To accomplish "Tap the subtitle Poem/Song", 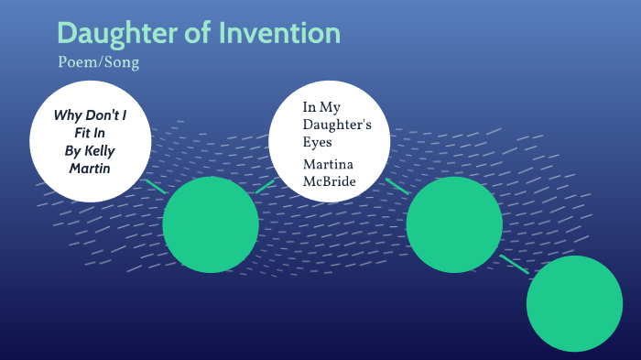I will [98, 63].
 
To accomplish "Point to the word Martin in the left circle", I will [89, 169].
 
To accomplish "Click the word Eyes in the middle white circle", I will [316, 143].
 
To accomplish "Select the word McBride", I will [330, 180].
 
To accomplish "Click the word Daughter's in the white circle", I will [336, 125].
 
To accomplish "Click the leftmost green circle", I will [211, 224].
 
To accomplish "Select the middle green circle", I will [454, 224].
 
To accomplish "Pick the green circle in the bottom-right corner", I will [575, 303].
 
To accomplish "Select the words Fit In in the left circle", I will [89, 134].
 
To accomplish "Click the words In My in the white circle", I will [321, 108].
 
